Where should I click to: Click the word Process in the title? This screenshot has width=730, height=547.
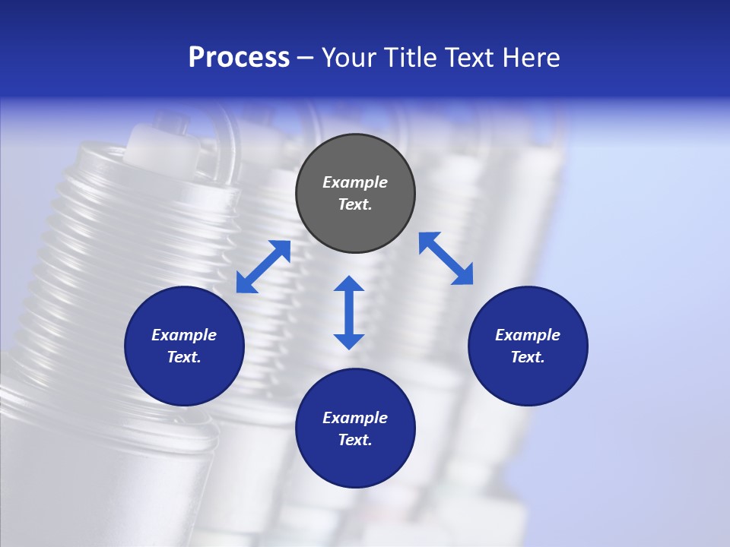(239, 58)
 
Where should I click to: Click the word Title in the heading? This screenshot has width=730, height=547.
(411, 58)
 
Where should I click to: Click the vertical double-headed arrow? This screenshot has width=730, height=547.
(349, 312)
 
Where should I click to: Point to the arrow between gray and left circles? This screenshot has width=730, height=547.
(263, 267)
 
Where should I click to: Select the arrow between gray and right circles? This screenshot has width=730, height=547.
(446, 258)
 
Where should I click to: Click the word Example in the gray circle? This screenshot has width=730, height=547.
(355, 182)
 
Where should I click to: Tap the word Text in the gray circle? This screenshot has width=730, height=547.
(355, 204)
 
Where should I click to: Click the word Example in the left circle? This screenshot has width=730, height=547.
(184, 335)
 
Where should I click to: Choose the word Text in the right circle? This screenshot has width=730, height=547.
(528, 357)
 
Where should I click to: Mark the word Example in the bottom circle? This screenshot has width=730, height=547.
(355, 418)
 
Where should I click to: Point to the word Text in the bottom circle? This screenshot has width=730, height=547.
(355, 440)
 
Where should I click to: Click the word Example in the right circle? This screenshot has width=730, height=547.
(528, 335)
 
